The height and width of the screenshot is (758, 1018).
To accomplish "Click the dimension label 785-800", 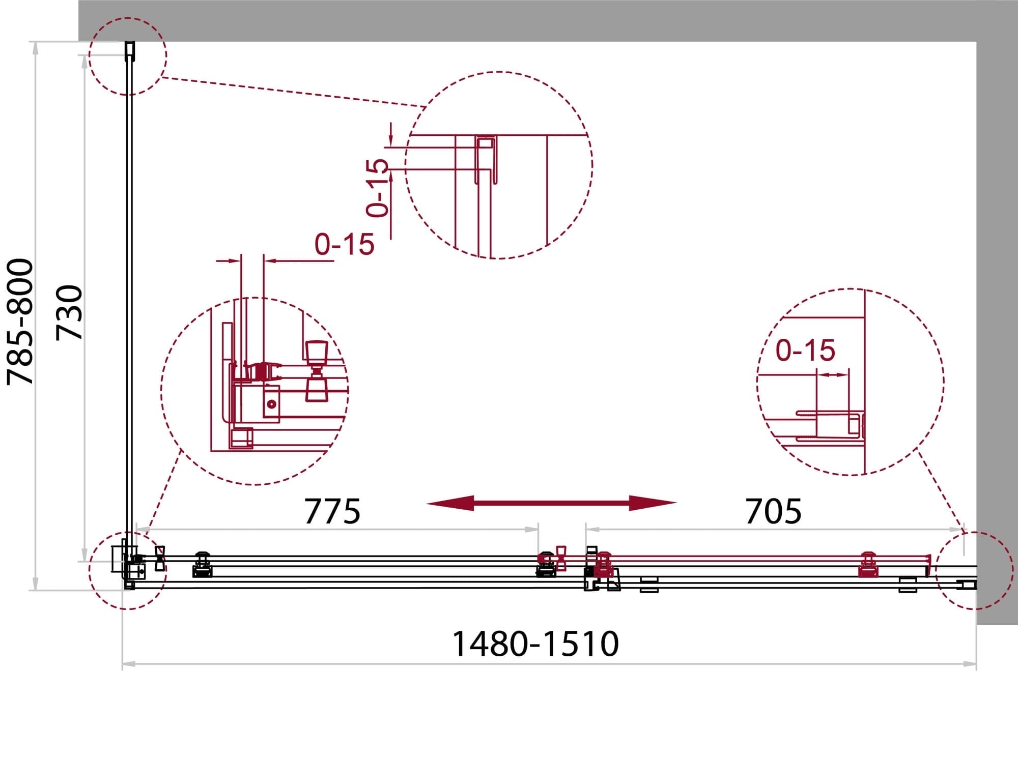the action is [20, 322].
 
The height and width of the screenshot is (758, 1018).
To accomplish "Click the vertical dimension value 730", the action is [69, 312].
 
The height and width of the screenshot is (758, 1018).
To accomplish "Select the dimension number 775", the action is [332, 511].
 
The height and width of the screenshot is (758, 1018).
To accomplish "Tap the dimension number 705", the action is [773, 511].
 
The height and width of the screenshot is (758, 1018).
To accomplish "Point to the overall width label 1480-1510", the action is [535, 644].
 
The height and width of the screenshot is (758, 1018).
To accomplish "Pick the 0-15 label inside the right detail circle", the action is [805, 351].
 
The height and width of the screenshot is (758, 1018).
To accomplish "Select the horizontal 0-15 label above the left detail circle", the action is [345, 245].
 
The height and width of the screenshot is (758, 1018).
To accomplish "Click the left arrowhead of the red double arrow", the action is [450, 503].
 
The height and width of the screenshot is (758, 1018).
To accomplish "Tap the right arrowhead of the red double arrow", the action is [653, 503].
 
